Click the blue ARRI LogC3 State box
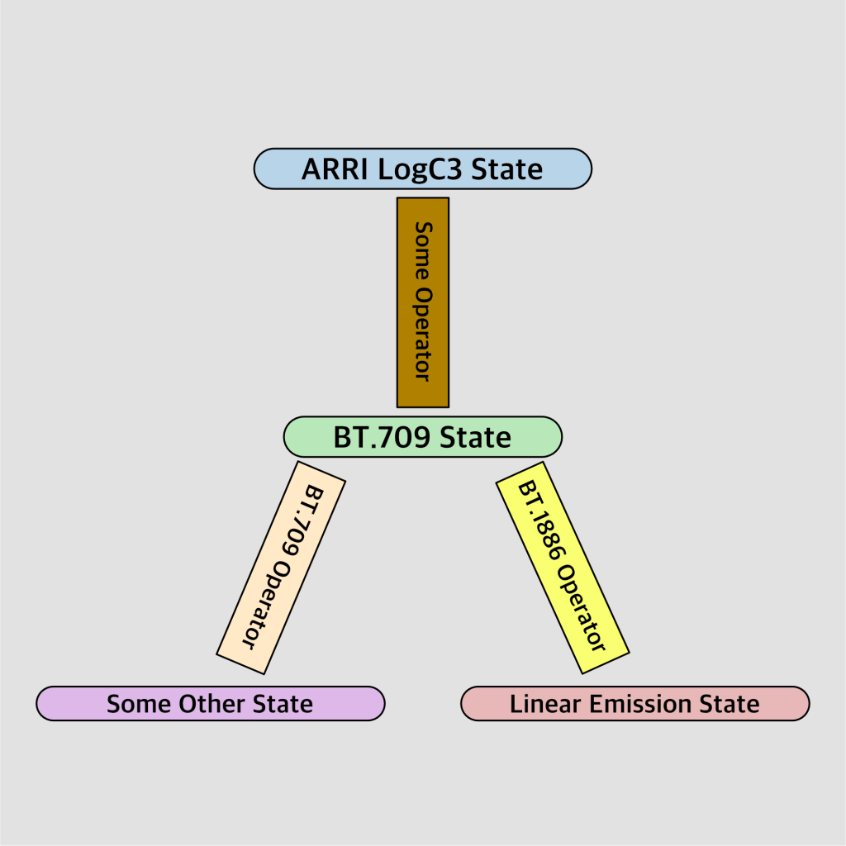pos(422,169)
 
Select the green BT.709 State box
pos(422,437)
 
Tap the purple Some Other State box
pos(210,704)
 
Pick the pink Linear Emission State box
pos(634,704)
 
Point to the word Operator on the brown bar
pos(422,335)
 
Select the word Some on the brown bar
pos(422,249)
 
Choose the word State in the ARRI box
pos(507,169)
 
